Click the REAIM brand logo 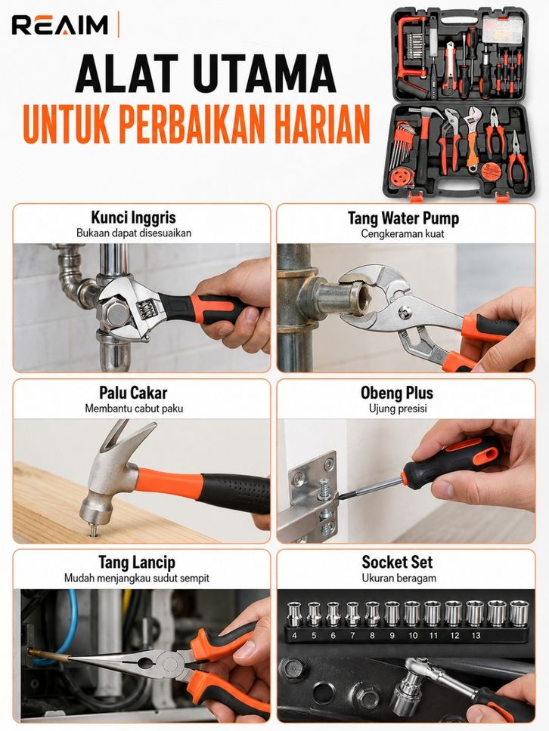(x=60, y=25)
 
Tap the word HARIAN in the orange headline (x=321, y=124)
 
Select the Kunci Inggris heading (x=134, y=217)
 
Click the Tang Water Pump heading (x=403, y=218)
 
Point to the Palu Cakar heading (x=133, y=393)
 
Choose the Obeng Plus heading (x=397, y=393)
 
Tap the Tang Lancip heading (x=137, y=563)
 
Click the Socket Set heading (x=397, y=563)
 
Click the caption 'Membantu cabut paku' (x=134, y=409)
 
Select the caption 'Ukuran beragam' (x=399, y=578)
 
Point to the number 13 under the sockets (x=476, y=635)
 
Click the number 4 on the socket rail (x=294, y=635)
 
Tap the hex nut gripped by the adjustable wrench (x=114, y=314)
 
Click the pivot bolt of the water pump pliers (x=405, y=312)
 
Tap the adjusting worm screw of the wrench (x=144, y=307)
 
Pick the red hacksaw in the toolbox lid (x=411, y=55)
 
